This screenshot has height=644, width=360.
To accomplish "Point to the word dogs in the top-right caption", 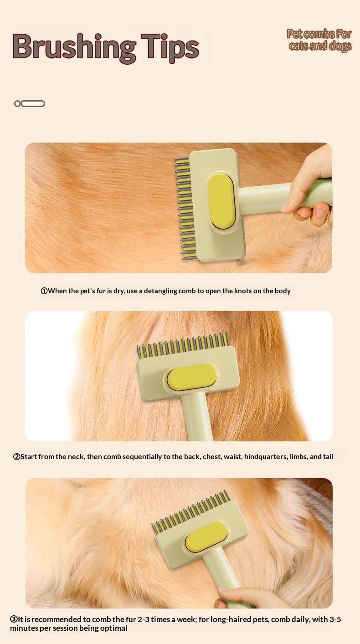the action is coord(340,46).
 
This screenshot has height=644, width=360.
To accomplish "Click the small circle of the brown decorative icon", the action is coord(18,103).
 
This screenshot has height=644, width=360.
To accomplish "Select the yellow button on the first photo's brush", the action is coord(221,201).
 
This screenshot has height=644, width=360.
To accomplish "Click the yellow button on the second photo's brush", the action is coord(192,377).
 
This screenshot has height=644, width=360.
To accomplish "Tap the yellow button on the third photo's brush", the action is coord(206,537).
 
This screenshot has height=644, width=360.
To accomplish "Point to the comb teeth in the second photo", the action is coord(183,345).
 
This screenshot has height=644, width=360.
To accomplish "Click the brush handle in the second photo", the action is coord(198,415).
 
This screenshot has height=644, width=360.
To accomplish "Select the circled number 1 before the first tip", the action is coord(44,291).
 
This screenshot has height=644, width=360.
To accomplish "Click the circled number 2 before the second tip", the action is coord(16,456).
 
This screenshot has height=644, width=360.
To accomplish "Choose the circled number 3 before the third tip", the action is coord(14,619).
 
